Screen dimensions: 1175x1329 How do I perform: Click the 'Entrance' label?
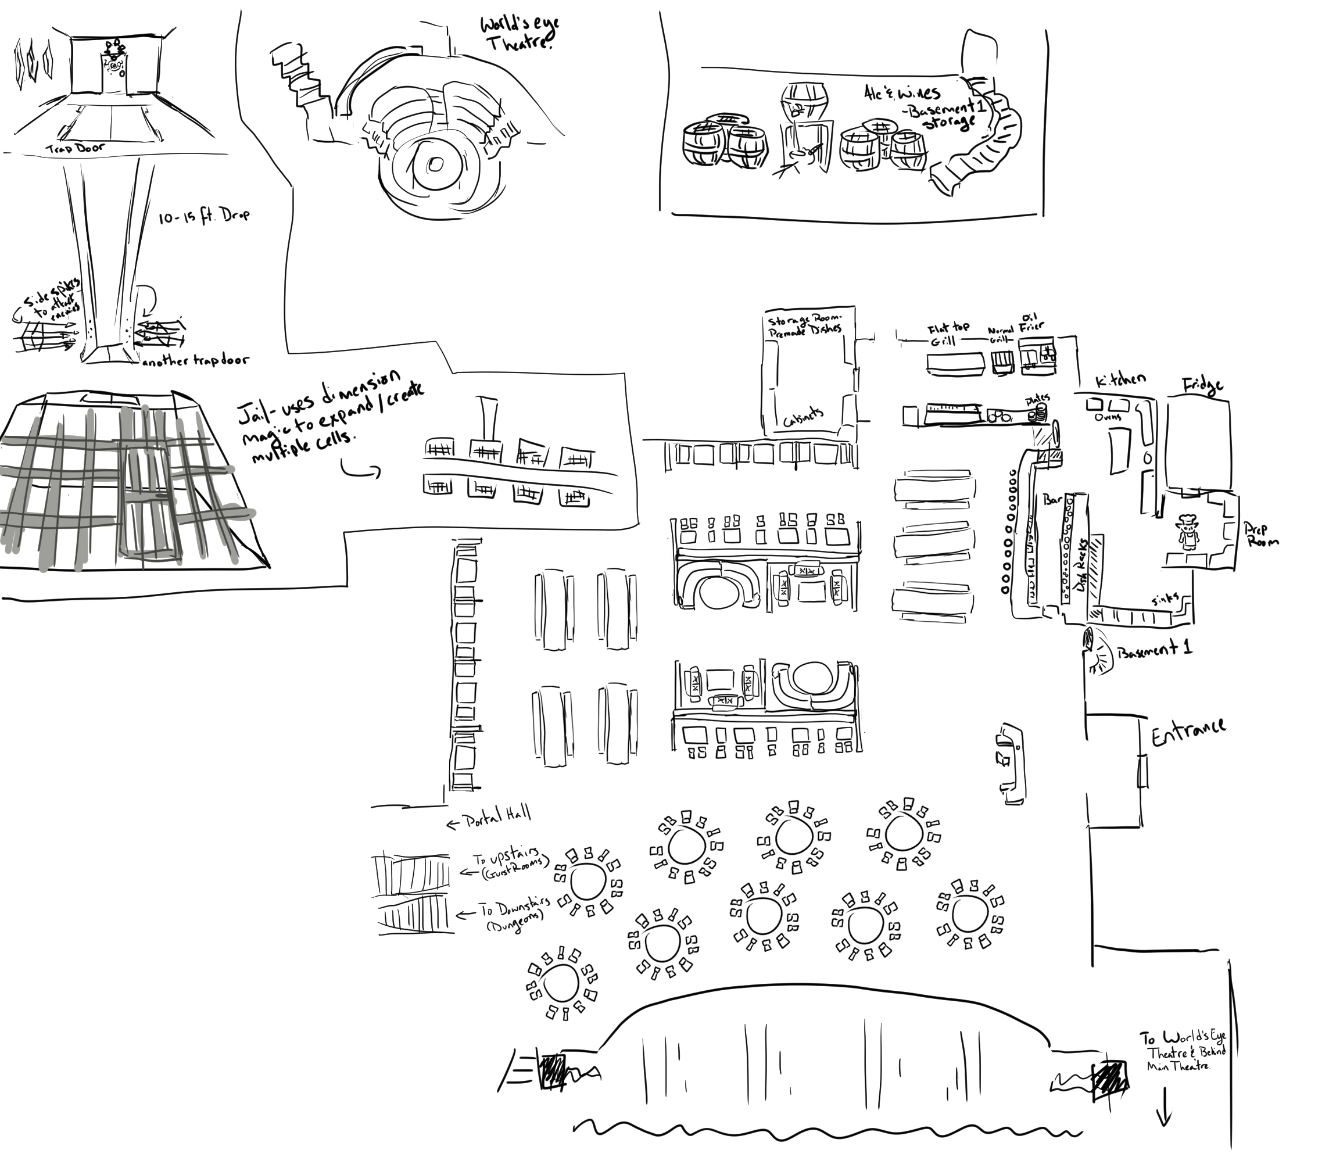(1188, 732)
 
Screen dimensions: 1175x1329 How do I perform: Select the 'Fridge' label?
(1203, 387)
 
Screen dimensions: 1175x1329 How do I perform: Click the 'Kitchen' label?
(1120, 382)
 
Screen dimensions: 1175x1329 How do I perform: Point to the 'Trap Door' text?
(75, 149)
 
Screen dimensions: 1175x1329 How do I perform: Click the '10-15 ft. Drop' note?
(203, 217)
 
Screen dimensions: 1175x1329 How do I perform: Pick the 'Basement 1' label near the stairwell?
(1155, 649)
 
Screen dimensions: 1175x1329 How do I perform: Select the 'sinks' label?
(1165, 599)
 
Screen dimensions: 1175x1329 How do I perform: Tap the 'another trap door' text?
(195, 360)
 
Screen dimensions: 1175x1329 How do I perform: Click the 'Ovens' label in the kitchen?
(1107, 417)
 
